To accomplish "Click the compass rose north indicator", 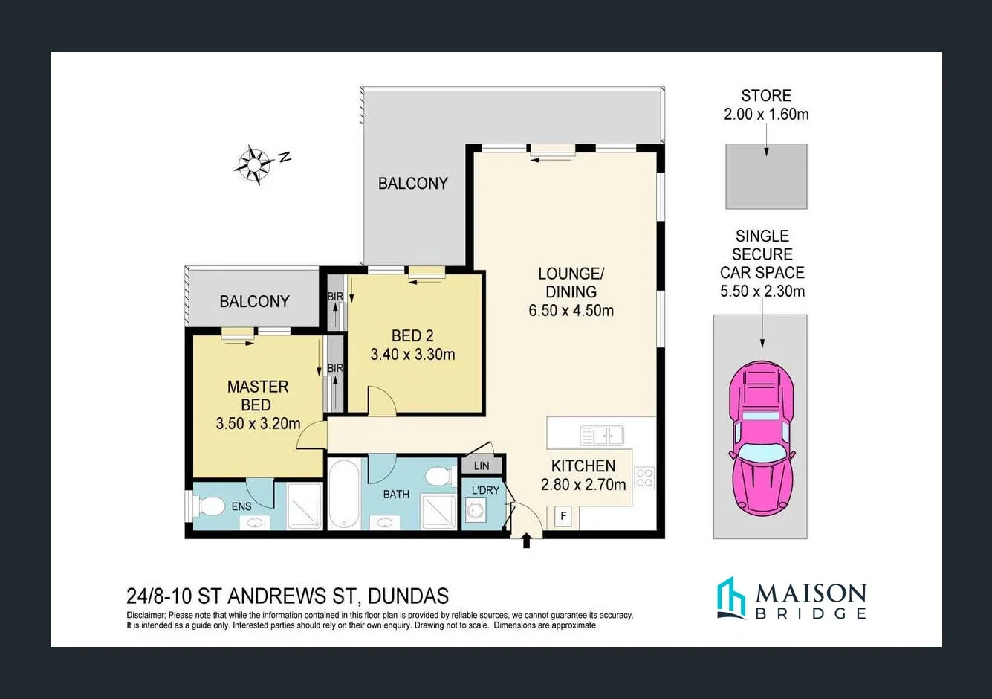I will click(x=255, y=164).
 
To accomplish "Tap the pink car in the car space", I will click(x=761, y=439).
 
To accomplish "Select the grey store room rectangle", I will click(x=766, y=176).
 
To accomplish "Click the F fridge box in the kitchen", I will click(x=563, y=516).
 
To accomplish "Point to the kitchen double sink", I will click(x=602, y=435).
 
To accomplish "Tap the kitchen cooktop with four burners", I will click(x=644, y=477).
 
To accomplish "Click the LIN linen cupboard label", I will click(x=482, y=466).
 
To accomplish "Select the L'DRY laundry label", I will click(x=485, y=490).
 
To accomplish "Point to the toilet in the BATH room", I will click(x=440, y=475).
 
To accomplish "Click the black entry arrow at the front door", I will click(x=527, y=540).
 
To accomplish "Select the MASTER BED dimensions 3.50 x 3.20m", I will click(x=258, y=424).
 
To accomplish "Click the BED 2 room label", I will click(x=412, y=335).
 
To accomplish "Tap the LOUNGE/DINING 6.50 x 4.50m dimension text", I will click(x=571, y=311).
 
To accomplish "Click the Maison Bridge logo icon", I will click(x=730, y=598).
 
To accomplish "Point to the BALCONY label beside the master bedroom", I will click(x=254, y=301).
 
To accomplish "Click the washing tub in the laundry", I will click(x=475, y=512).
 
